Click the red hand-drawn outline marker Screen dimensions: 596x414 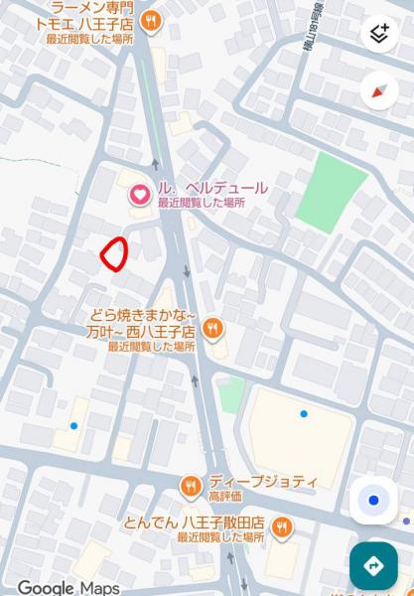[114, 254]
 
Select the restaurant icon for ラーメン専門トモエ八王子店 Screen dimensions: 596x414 [151, 21]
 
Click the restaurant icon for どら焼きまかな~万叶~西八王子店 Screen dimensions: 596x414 [211, 329]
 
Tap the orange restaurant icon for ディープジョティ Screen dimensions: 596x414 [191, 486]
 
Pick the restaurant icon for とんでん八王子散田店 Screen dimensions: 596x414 [282, 526]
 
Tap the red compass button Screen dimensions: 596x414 [378, 91]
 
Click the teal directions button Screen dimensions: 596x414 [373, 566]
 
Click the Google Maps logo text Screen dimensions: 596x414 [68, 588]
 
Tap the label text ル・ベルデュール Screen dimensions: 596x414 [211, 188]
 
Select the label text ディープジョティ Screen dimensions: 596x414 [262, 481]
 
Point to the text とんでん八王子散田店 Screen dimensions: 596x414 [194, 522]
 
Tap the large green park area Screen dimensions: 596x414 [330, 192]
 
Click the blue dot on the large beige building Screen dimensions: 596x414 [304, 413]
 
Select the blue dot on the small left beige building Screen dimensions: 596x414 [73, 426]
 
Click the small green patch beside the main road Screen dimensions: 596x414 [231, 394]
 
